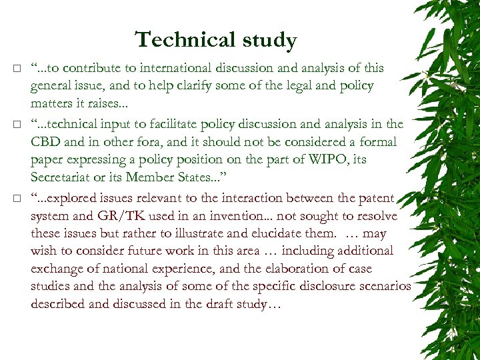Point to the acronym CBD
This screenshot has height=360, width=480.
click(x=44, y=142)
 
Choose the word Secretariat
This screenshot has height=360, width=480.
click(x=64, y=178)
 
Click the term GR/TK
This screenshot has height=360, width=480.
click(x=123, y=216)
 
